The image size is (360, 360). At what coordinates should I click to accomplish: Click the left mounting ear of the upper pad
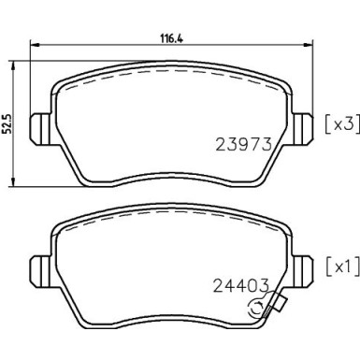[40, 124]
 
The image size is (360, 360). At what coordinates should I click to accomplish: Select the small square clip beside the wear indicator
[277, 301]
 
